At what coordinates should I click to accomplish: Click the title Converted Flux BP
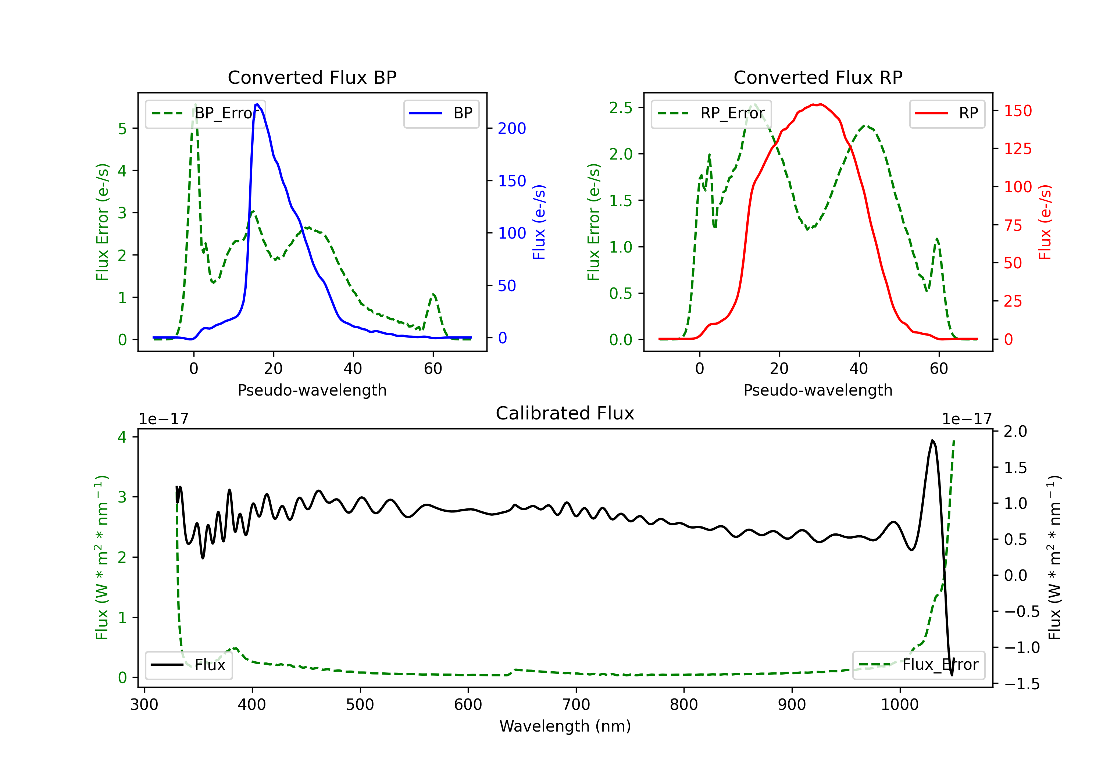[x=312, y=77]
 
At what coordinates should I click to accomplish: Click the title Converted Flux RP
[x=818, y=77]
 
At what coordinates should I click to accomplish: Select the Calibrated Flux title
[x=565, y=413]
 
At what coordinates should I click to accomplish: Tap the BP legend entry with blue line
[x=441, y=113]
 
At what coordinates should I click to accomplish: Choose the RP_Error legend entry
[x=711, y=113]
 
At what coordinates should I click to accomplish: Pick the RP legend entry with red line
[x=947, y=113]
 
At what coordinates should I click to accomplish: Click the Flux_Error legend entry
[x=918, y=665]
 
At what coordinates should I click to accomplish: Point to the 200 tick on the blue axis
[x=512, y=128]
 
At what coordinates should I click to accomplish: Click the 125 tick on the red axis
[x=1017, y=149]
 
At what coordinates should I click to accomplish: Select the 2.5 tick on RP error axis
[x=621, y=108]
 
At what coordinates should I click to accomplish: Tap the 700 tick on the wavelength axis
[x=576, y=704]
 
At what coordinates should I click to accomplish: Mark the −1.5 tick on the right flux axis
[x=1021, y=684]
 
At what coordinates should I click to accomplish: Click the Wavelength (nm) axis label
[x=565, y=726]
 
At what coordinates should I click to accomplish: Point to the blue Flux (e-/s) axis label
[x=539, y=222]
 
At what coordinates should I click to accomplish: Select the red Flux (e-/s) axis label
[x=1045, y=222]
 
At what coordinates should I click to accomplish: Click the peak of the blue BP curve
[x=257, y=104]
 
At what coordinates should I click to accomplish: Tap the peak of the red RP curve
[x=819, y=104]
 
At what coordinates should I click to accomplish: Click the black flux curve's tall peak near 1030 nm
[x=932, y=440]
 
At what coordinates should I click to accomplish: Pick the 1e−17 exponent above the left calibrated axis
[x=164, y=419]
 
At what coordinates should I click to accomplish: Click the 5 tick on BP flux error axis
[x=122, y=128]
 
